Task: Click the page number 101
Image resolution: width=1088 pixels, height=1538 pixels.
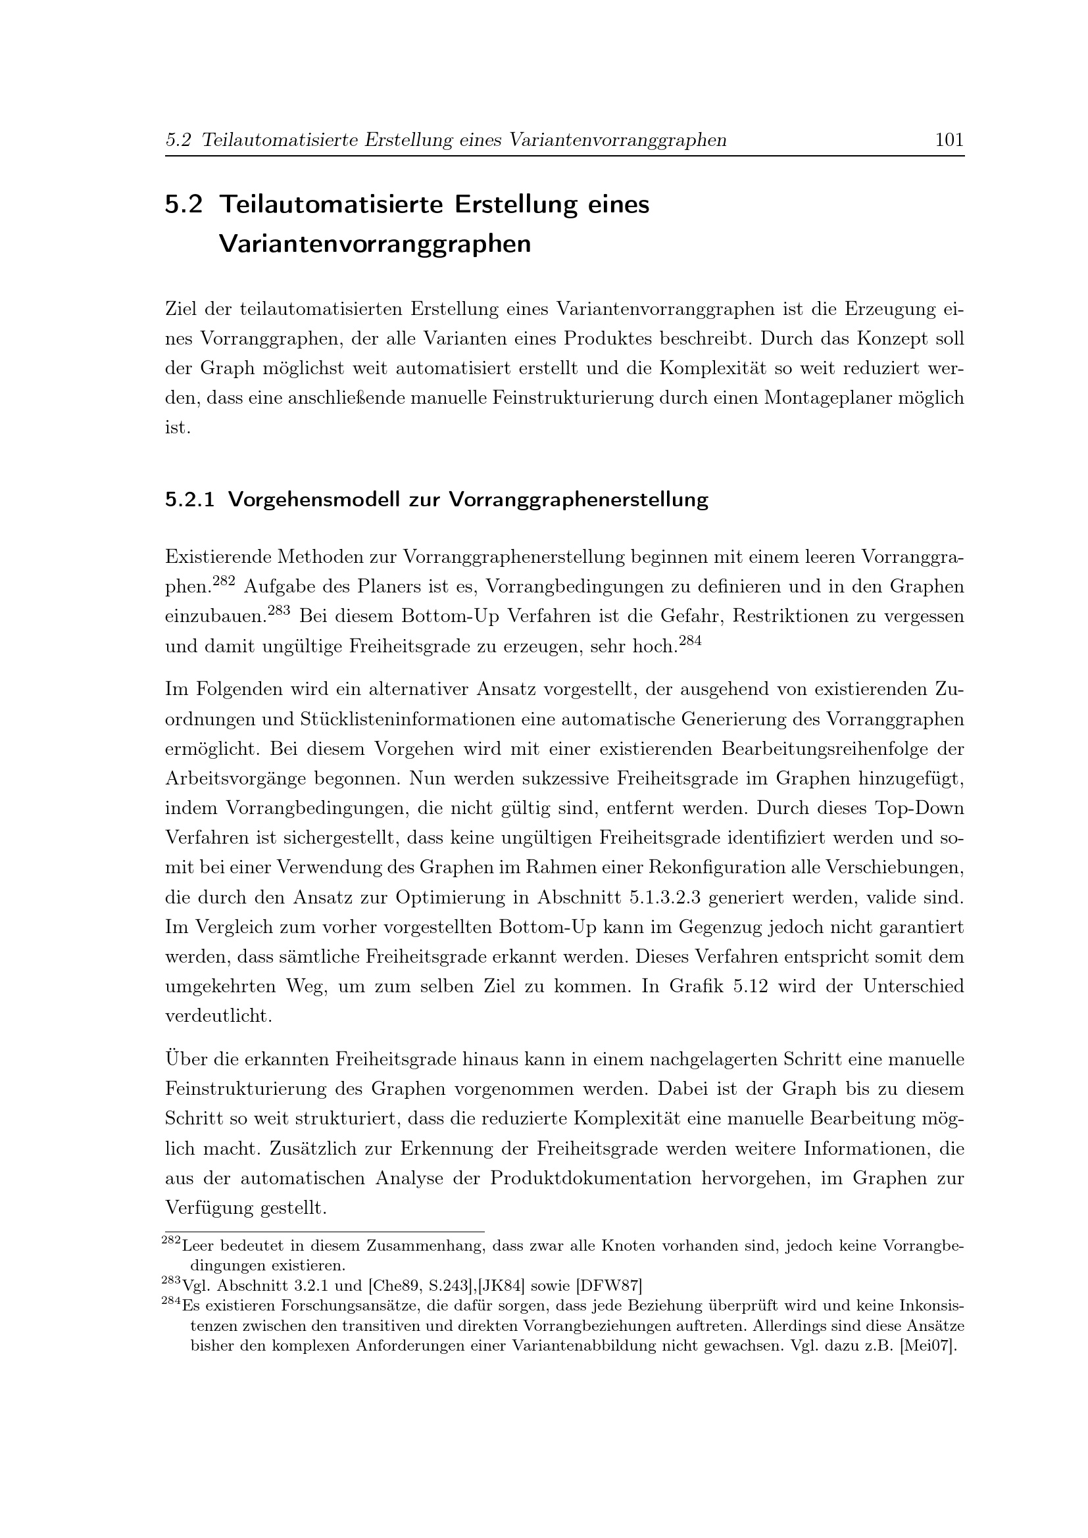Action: coord(949,140)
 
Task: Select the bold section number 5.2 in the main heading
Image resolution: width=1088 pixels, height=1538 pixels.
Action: coord(184,204)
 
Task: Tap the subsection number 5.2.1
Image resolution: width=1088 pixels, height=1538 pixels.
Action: coord(189,500)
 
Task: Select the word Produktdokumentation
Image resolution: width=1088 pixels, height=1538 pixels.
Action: coord(590,1178)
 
